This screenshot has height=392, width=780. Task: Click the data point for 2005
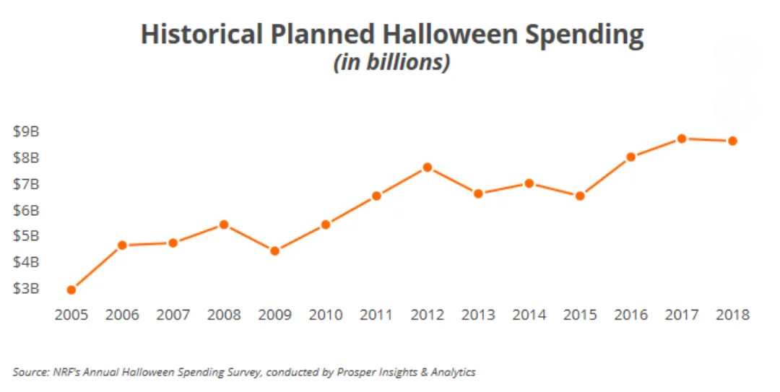click(x=71, y=289)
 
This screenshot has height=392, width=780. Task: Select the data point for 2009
click(x=274, y=251)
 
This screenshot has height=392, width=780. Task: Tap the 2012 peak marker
click(x=427, y=167)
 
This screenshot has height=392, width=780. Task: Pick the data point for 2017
click(x=681, y=138)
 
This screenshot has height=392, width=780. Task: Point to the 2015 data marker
click(x=579, y=195)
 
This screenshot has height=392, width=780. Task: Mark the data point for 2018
click(x=732, y=141)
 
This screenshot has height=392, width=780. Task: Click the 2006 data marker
click(x=122, y=245)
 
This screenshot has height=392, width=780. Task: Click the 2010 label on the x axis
click(x=325, y=315)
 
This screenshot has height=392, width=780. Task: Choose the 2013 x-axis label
click(x=477, y=315)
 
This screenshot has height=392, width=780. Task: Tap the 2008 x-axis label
click(x=223, y=315)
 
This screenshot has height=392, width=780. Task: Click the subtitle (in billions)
click(x=391, y=63)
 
